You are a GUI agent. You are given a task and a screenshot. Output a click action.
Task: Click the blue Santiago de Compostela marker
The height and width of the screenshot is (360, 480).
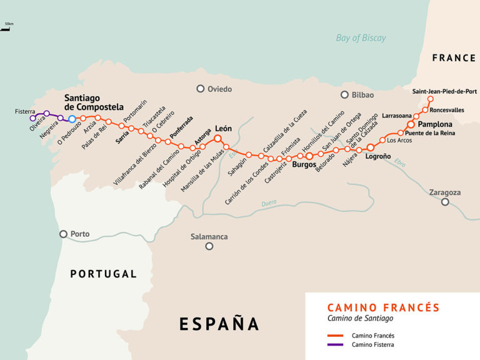(x=72, y=119)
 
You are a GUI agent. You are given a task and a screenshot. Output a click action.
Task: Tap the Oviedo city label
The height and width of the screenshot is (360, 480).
(x=219, y=89)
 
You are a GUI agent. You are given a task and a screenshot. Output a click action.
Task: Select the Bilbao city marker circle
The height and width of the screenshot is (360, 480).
(x=344, y=95)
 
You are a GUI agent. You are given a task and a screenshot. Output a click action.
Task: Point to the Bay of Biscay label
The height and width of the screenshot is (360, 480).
(x=361, y=38)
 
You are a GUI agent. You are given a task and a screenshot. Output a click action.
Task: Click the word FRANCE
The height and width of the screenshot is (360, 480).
(x=454, y=58)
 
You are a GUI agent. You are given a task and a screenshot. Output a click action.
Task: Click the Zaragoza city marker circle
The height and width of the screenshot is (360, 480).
(x=445, y=202)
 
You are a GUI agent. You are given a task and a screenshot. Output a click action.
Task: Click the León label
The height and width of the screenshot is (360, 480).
(x=223, y=129)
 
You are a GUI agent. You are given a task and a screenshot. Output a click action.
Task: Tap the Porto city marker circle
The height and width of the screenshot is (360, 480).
(x=63, y=234)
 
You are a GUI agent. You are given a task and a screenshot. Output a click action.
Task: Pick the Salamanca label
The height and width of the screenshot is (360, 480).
(x=209, y=237)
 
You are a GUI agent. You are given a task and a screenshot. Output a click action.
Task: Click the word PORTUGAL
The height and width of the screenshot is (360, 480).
(x=103, y=274)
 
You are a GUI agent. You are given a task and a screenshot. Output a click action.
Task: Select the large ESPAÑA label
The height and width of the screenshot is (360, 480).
(x=219, y=324)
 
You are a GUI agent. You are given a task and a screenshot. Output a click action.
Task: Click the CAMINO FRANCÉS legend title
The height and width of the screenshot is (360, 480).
(x=383, y=307)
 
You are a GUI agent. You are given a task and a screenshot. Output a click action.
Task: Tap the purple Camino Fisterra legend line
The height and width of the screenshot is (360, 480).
(x=336, y=344)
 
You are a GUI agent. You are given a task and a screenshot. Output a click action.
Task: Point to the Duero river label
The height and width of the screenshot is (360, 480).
(x=269, y=203)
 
